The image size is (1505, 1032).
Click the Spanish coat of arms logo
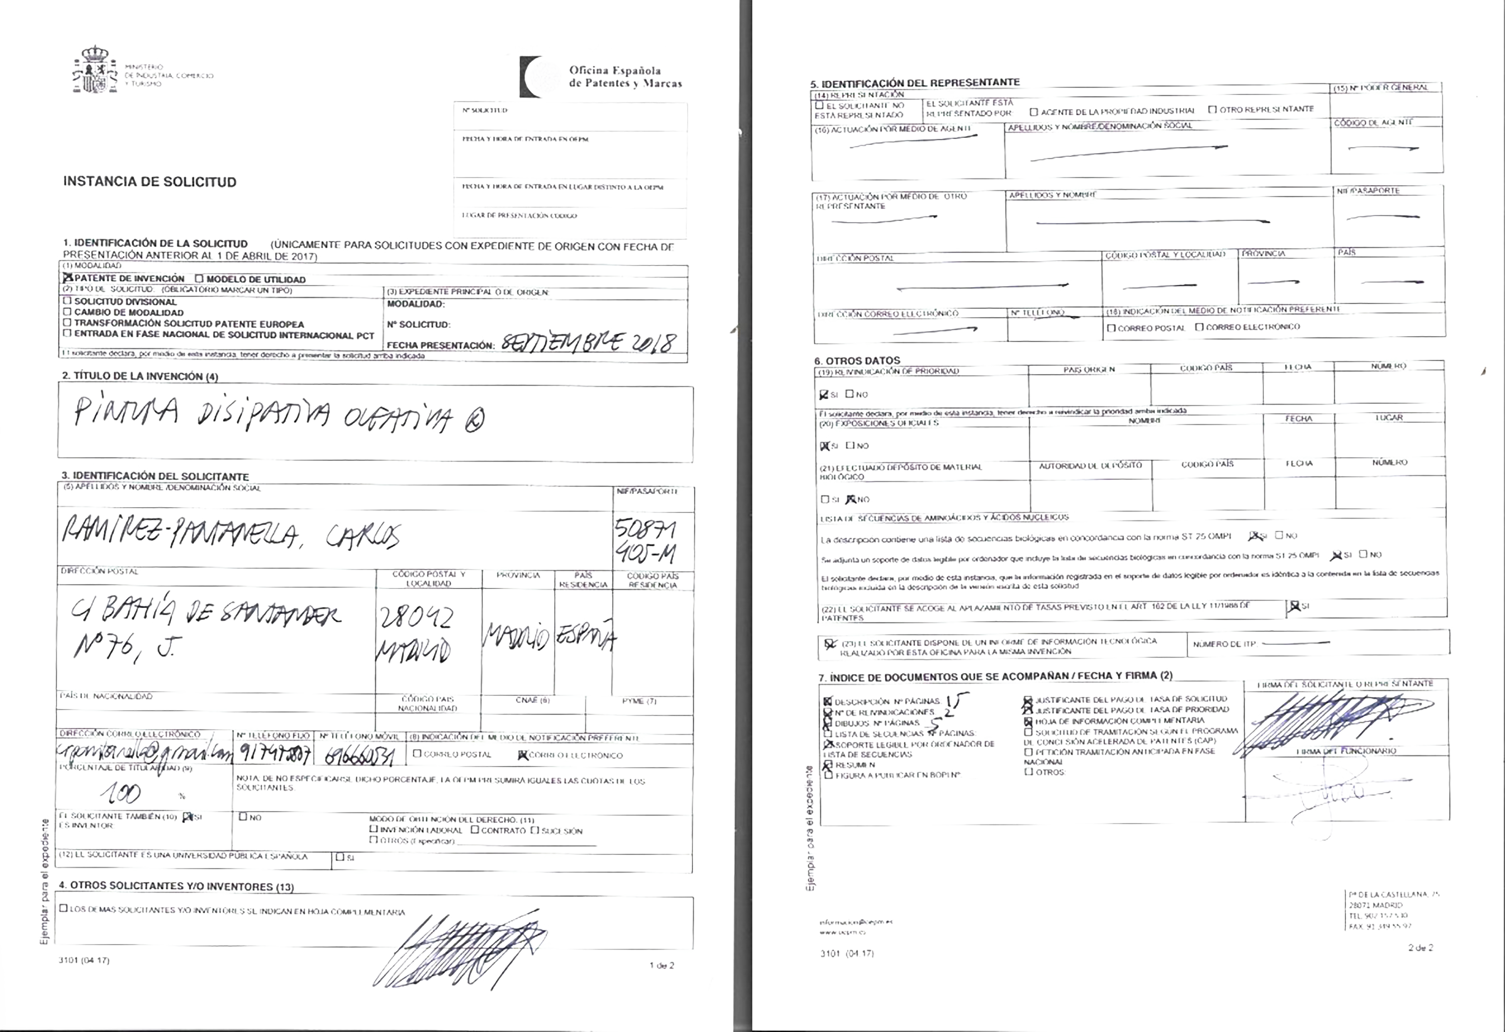94,70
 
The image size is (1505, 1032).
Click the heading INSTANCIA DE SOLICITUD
150,182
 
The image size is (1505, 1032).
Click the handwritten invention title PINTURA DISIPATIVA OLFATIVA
279,416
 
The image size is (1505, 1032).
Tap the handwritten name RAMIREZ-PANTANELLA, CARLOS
230,535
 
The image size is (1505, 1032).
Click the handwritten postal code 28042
415,619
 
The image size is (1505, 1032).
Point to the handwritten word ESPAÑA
585,638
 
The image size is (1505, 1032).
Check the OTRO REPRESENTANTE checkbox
1212,109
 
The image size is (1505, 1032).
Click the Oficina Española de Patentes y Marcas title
624,77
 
